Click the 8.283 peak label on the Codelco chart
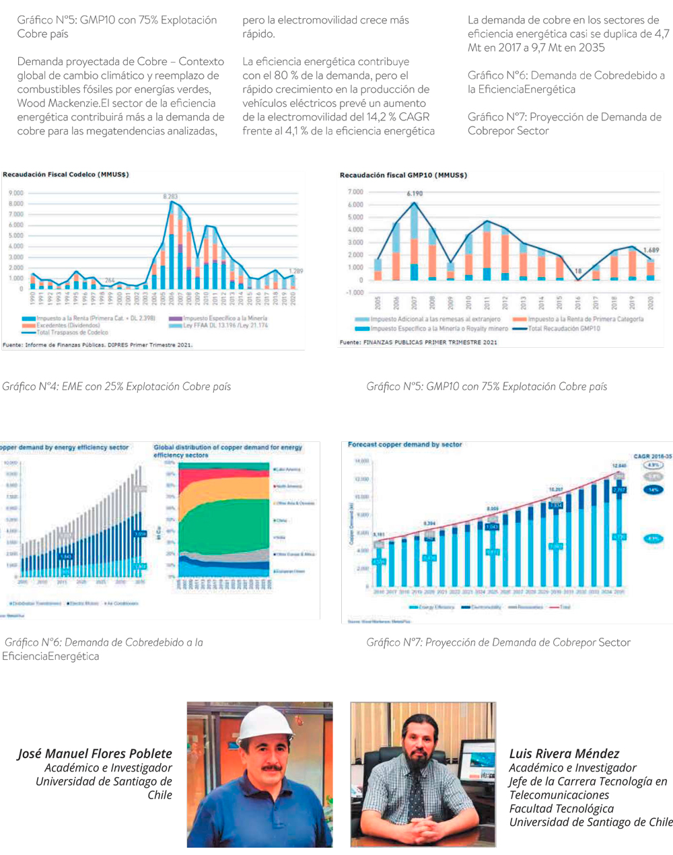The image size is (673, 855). click(170, 196)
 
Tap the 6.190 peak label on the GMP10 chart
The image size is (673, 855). click(415, 194)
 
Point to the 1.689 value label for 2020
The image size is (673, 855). click(651, 250)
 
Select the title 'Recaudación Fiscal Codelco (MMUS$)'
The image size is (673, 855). click(65, 175)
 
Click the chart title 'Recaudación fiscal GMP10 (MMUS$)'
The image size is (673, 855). click(403, 176)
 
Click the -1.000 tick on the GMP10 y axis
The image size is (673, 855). click(355, 293)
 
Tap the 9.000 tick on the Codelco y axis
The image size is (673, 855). click(15, 193)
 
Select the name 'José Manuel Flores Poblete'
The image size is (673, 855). click(95, 753)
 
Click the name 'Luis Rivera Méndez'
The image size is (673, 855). click(564, 753)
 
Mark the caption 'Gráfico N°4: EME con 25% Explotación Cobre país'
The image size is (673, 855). click(116, 387)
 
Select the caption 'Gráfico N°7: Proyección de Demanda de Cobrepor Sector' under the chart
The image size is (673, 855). click(498, 642)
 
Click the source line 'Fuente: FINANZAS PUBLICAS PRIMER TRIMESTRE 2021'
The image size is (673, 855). click(418, 342)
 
